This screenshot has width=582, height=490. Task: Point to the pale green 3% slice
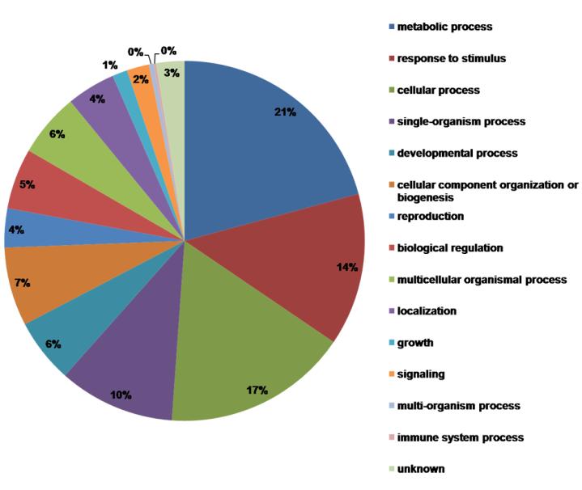coord(172,81)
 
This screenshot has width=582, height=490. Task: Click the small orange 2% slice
coord(143,78)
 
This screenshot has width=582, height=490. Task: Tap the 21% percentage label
coord(284,112)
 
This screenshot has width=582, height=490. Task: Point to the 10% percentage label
coord(121,395)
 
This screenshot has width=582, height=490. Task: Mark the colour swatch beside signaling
coord(392,374)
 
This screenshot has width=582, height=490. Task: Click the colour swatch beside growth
coord(392,342)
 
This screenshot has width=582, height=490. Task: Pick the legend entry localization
coord(427,311)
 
